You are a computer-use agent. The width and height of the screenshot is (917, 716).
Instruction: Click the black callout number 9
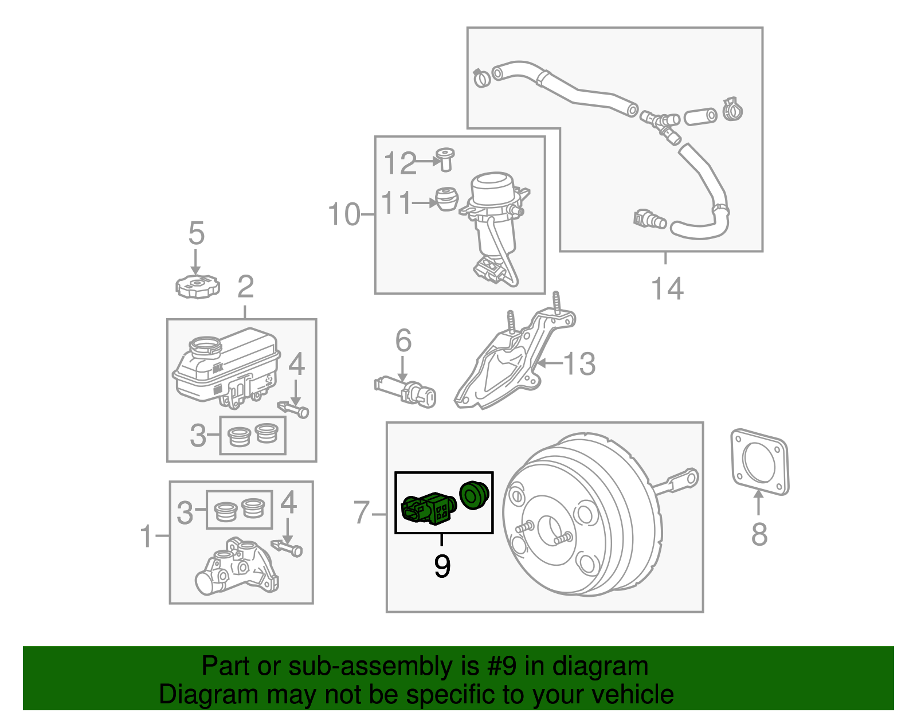tap(442, 566)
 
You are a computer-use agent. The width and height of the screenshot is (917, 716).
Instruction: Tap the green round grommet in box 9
tap(473, 495)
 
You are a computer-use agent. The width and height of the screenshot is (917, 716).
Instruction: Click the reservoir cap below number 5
tap(197, 286)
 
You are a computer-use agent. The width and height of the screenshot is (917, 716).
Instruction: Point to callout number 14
tap(667, 288)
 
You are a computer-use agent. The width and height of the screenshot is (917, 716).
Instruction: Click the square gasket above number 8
tap(759, 461)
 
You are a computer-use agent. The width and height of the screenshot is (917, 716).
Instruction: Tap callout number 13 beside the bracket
tap(579, 363)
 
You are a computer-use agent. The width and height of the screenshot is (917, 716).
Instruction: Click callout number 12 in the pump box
tap(399, 164)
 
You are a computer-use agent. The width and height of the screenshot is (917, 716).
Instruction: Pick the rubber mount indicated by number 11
tap(446, 199)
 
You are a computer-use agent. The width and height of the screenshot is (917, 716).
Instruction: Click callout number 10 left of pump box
tap(344, 215)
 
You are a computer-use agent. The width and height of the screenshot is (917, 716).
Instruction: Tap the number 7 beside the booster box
tap(361, 512)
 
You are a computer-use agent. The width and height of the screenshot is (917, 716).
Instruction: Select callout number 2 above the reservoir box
tap(245, 287)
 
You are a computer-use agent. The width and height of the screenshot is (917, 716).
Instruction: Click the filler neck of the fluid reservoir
tap(205, 346)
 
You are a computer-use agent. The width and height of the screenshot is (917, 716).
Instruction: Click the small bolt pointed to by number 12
tap(445, 159)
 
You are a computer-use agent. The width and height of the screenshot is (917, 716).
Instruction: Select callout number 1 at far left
tap(147, 536)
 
